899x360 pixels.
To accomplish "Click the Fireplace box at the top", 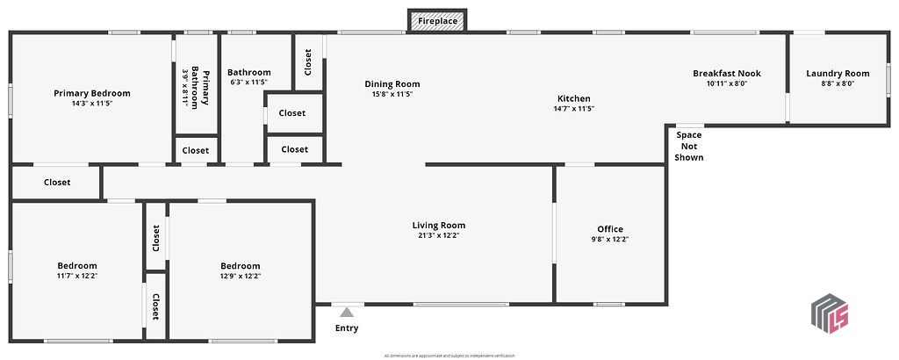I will (437, 20).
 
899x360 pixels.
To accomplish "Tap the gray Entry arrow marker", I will (347, 312).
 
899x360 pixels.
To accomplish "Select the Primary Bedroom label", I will (92, 93).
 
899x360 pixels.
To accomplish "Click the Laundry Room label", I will (838, 74).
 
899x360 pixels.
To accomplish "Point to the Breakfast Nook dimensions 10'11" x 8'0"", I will (726, 84).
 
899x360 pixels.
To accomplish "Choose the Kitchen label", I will (574, 98).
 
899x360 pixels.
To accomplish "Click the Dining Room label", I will (386, 84).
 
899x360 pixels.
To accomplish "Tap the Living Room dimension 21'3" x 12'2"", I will (439, 235).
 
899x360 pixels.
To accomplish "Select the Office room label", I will (610, 229).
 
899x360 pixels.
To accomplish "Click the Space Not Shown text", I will (689, 146).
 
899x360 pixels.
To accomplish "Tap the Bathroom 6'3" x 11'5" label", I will (248, 73).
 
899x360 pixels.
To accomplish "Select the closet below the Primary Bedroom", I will (57, 183).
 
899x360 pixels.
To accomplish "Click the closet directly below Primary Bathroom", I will (196, 150).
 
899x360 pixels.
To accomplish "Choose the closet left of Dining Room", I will (307, 61).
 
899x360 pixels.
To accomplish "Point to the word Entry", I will (347, 328).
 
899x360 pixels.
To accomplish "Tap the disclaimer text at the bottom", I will (449, 356).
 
